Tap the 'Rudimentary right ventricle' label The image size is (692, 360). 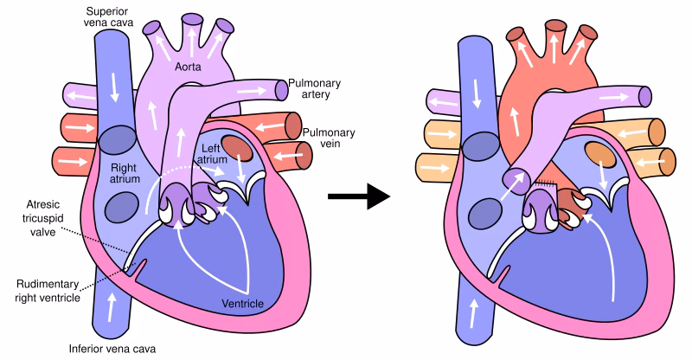coord(54,291)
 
